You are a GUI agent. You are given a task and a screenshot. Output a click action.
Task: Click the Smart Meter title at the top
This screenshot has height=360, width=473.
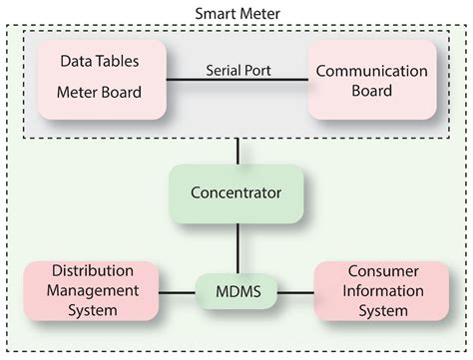[x=236, y=14]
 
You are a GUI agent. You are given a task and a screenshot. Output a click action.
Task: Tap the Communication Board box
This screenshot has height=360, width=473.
[x=372, y=80]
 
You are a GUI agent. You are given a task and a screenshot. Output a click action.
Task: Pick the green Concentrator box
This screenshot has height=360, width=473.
[x=236, y=189]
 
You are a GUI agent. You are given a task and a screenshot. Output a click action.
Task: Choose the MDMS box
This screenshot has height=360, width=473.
[x=236, y=292]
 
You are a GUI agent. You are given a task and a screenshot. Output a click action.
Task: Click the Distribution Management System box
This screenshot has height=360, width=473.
[x=93, y=292]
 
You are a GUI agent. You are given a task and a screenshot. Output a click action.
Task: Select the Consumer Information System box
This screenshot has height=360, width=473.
[x=377, y=292]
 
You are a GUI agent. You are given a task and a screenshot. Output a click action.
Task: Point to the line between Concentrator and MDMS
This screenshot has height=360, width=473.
[x=236, y=243]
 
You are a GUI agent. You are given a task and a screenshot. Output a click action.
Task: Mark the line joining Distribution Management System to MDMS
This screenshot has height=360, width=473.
[x=181, y=293]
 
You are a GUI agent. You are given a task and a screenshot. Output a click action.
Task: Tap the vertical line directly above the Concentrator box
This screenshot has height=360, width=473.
[x=236, y=151]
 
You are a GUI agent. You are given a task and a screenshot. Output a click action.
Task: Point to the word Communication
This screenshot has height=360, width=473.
[x=372, y=70]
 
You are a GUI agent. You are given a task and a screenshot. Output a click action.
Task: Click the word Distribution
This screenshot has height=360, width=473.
[x=93, y=273]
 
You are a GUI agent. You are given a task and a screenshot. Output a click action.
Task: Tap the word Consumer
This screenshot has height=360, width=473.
[x=377, y=273]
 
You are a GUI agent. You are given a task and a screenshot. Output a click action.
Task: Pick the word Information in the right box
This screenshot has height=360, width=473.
[x=377, y=292]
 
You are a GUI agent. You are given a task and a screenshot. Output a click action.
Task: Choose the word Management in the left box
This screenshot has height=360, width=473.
[x=93, y=292]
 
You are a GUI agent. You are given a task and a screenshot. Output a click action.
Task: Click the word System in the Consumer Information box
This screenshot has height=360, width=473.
[x=377, y=311]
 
